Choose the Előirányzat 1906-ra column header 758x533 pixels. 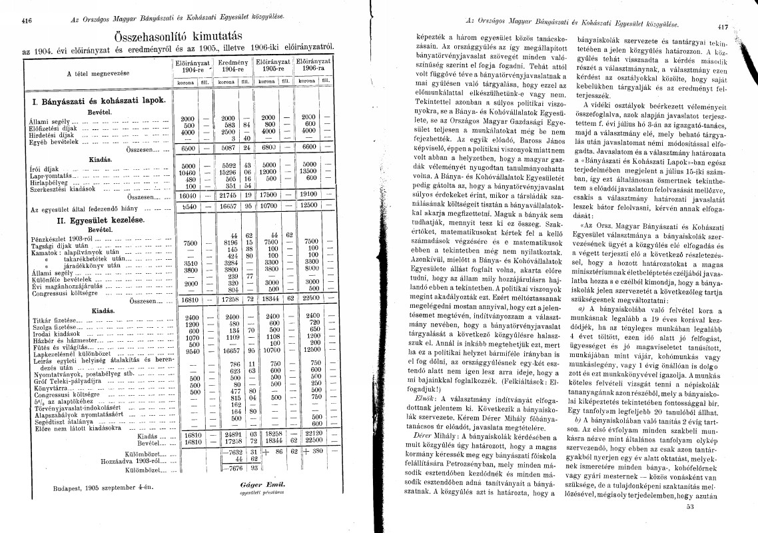click(x=314, y=65)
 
